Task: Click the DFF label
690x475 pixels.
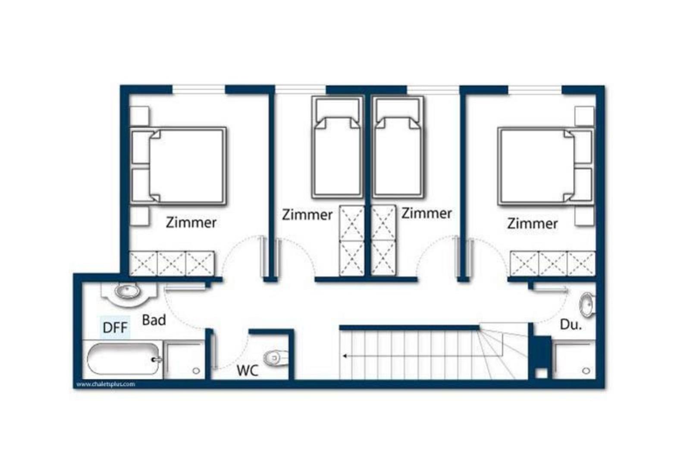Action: click(115, 328)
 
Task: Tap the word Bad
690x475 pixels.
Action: click(154, 320)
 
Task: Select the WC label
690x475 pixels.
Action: click(248, 370)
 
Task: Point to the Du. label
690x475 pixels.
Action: click(571, 324)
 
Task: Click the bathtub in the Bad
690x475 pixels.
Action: click(123, 359)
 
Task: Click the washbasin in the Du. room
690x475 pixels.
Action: click(587, 305)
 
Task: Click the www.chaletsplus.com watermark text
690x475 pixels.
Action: click(106, 384)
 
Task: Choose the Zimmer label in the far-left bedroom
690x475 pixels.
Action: click(191, 222)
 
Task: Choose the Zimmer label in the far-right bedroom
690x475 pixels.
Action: click(532, 224)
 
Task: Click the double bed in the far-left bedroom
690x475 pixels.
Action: click(178, 166)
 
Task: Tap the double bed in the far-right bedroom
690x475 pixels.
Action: click(546, 166)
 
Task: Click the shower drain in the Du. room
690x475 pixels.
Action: click(586, 370)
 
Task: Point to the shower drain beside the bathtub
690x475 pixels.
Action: click(196, 370)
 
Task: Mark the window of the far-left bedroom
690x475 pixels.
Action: click(199, 89)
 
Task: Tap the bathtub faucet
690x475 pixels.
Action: click(157, 360)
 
